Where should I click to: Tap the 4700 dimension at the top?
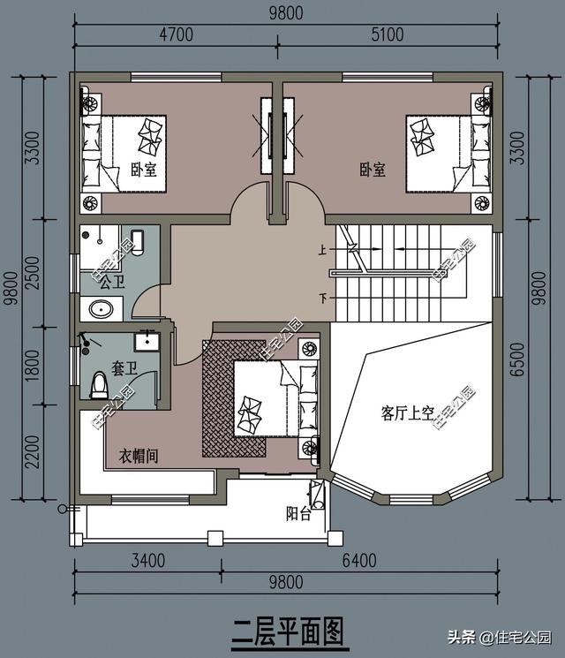[x=177, y=34]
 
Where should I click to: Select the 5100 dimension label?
[x=388, y=34]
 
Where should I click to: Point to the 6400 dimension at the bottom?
[x=359, y=561]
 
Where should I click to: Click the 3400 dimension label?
[x=148, y=561]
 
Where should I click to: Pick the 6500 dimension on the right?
[x=518, y=359]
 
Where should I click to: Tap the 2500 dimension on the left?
[x=32, y=272]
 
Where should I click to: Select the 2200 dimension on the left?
[x=32, y=451]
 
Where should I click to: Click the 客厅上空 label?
[x=407, y=413]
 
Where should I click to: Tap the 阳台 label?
[x=298, y=513]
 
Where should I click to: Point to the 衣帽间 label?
[x=139, y=456]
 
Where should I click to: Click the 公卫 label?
[x=112, y=282]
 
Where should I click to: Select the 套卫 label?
[x=124, y=368]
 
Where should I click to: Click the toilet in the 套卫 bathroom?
[x=100, y=385]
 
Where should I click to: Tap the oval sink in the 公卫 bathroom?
[x=102, y=310]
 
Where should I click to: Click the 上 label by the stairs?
[x=322, y=250]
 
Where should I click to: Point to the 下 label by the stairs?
[x=322, y=299]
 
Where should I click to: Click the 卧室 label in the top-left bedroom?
[x=143, y=170]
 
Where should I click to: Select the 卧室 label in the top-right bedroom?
[x=372, y=170]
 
